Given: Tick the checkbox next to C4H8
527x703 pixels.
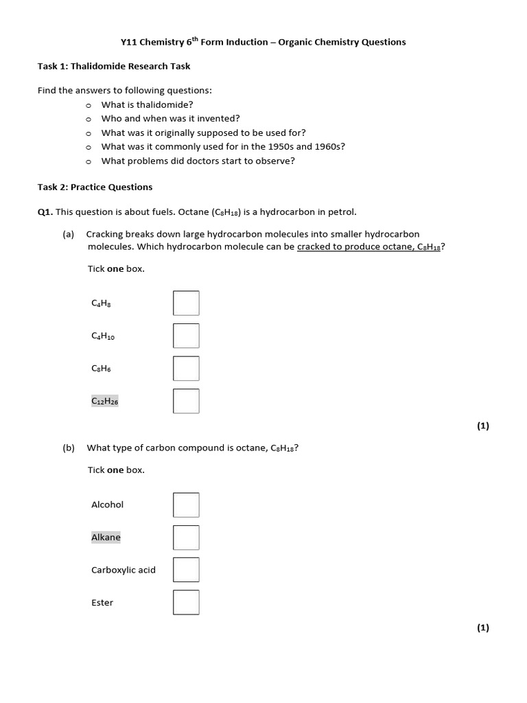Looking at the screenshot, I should (186, 303).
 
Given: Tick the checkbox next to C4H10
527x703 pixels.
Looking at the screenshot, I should (186, 336).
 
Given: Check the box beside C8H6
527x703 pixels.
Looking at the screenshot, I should (186, 368).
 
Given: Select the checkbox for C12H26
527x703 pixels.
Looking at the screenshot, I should (186, 401).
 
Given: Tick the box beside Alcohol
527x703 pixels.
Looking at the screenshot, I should (186, 505).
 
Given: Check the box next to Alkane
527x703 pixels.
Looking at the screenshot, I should (186, 538).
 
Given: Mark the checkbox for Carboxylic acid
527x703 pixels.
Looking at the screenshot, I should (186, 570).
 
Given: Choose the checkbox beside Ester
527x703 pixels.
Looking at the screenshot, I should (186, 602).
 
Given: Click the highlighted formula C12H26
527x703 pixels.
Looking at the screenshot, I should (105, 401).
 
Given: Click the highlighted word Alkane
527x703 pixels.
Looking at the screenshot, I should (106, 538).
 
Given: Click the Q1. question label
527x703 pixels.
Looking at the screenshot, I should (45, 212).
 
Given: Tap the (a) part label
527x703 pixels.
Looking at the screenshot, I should (69, 234).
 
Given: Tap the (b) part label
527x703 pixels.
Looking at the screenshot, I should (69, 448).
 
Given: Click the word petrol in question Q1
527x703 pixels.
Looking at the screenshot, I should (342, 212).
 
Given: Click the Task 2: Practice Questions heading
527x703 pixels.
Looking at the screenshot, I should (95, 187).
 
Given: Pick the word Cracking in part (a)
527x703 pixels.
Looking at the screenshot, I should (105, 234).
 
